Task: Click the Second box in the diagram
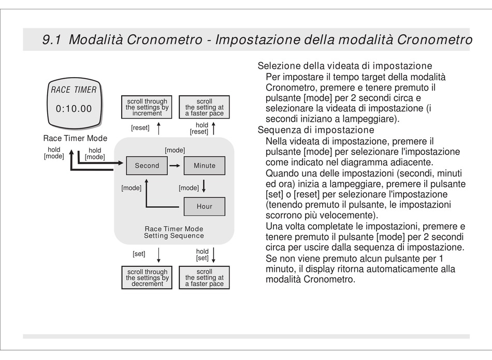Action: (147, 166)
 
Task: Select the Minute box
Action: (205, 166)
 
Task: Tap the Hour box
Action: (205, 206)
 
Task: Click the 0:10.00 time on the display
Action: (74, 109)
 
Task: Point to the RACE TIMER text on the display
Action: (74, 90)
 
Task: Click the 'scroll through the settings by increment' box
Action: (147, 107)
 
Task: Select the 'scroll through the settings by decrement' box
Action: (147, 278)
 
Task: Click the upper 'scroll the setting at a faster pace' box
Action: (205, 107)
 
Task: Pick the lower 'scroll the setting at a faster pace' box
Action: (205, 278)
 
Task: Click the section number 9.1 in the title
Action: (52, 40)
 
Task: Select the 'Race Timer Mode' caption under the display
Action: (75, 138)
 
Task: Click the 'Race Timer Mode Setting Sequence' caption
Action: (174, 232)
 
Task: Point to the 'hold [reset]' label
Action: (199, 128)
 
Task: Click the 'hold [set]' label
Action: (202, 255)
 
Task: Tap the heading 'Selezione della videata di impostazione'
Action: (345, 66)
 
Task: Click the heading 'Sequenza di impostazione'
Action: (316, 130)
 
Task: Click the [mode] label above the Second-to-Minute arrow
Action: (175, 150)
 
